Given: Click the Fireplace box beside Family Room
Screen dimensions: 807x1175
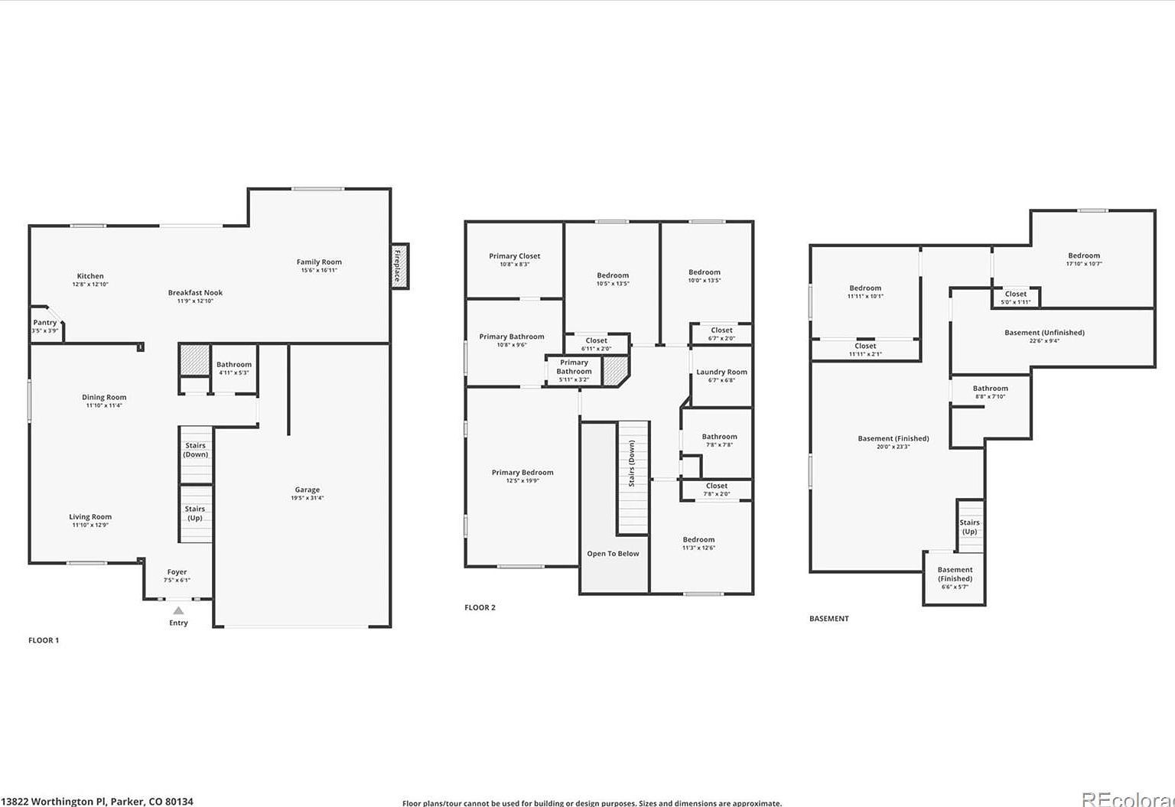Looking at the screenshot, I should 399,266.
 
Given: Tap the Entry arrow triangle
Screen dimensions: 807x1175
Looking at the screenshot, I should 178,610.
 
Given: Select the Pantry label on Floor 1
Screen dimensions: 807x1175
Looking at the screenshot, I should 45,323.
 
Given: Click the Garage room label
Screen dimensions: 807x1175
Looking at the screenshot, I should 308,490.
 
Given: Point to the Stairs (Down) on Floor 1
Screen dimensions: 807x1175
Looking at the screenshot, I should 195,450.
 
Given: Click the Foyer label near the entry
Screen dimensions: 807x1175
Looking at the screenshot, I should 177,572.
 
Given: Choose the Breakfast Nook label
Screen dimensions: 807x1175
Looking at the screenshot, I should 195,293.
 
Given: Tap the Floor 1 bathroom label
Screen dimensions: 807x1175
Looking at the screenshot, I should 234,365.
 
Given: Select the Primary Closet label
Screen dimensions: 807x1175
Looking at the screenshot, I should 514,256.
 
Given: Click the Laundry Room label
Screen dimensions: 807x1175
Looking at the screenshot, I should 721,373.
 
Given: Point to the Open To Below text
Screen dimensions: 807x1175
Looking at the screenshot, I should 613,554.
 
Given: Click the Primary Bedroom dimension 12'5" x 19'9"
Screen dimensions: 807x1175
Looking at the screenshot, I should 522,481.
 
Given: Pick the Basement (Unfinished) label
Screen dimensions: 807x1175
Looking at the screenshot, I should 1044,333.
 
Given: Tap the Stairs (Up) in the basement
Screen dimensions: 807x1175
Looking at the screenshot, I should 969,527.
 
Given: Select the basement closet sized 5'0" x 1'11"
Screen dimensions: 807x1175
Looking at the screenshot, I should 1016,298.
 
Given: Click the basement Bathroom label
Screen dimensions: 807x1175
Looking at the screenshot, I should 990,389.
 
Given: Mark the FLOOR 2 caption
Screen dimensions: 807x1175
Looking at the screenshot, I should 480,607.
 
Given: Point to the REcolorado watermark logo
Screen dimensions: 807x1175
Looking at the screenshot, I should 1128,799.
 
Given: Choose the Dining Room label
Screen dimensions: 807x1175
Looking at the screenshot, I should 104,398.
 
